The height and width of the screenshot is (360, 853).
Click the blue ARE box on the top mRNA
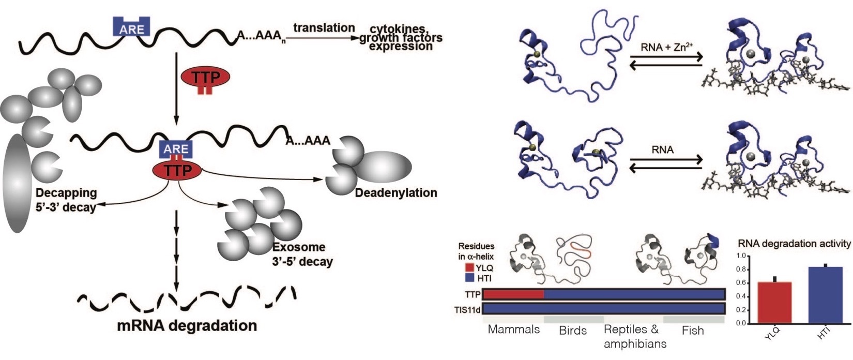point(132,27)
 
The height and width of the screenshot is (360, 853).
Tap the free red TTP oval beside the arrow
point(205,78)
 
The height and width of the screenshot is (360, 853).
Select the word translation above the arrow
point(324,28)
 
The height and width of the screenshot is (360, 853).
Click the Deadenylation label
point(396,193)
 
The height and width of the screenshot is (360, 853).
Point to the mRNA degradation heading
point(187,325)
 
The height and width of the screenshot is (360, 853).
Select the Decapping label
point(66,193)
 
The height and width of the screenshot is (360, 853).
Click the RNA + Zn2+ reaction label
point(666,47)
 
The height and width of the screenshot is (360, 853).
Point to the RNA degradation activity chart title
point(794,244)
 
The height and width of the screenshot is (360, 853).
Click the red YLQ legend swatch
point(469,268)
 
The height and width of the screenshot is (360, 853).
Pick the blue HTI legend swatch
point(469,278)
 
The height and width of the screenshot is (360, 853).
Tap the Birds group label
point(573,331)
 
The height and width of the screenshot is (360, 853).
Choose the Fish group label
point(692,331)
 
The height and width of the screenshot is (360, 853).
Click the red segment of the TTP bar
point(513,294)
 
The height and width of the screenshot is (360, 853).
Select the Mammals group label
point(513,329)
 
